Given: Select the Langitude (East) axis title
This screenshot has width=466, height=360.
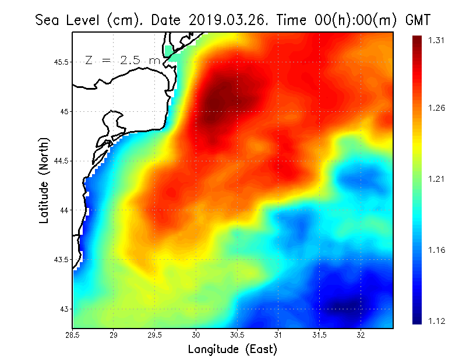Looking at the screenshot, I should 232,350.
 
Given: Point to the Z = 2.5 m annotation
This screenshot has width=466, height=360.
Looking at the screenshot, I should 122,60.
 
